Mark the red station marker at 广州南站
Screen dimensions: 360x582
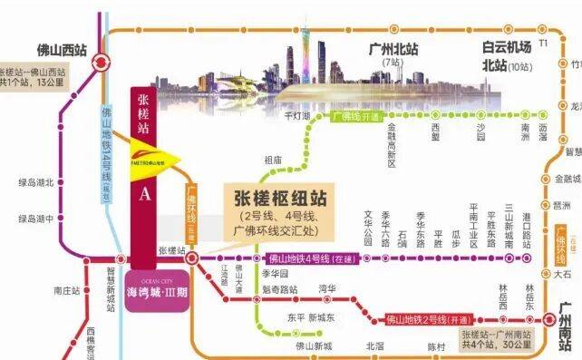tap(548, 319)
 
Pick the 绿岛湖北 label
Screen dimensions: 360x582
tap(34, 182)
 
